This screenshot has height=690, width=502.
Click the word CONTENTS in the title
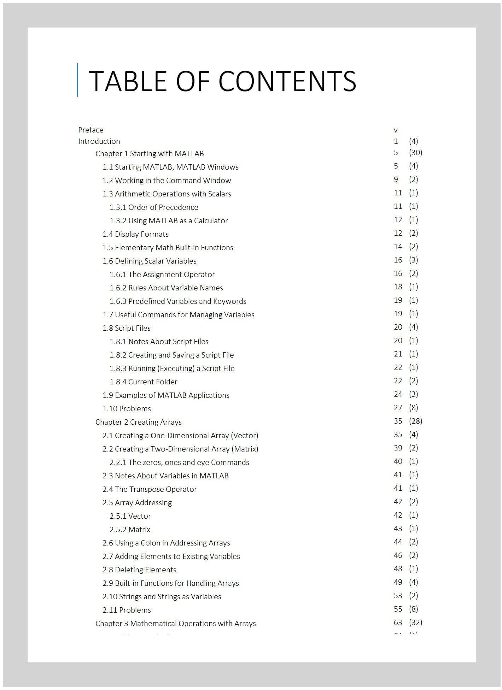tap(287, 81)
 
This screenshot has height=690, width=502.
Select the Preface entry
tap(91, 130)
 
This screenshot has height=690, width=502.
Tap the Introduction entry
tap(99, 141)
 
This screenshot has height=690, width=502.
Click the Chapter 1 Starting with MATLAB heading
tap(150, 154)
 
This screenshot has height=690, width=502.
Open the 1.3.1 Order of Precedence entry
tap(154, 207)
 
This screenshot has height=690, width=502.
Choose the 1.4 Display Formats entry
tap(135, 234)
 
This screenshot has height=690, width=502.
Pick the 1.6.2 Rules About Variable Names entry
tap(166, 288)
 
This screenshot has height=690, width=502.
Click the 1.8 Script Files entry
tap(127, 328)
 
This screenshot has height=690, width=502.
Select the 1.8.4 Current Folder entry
tap(143, 382)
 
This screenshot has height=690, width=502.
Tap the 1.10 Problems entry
tap(127, 409)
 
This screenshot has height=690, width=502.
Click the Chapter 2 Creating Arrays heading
tap(138, 422)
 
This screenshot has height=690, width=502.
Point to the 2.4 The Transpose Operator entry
tap(150, 489)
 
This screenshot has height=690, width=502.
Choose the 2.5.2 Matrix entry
tap(130, 530)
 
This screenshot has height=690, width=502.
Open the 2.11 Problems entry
tap(127, 610)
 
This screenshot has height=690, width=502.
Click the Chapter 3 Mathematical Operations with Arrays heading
tap(175, 624)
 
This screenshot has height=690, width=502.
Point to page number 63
tap(398, 622)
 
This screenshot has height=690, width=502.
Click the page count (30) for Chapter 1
tap(416, 152)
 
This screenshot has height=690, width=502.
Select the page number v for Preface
tap(396, 130)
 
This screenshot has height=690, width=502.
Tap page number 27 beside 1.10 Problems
tap(398, 408)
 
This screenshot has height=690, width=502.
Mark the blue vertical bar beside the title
tap(77, 80)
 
